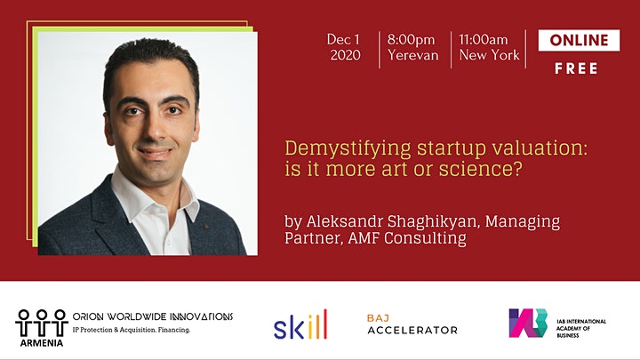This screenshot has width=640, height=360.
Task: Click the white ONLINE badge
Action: click(579, 40)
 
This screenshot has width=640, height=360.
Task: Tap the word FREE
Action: click(576, 68)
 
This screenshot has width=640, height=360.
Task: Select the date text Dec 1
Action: click(343, 40)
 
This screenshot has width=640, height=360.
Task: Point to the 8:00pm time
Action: click(411, 40)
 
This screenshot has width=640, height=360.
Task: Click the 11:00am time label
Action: click(484, 40)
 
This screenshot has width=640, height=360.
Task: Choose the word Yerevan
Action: click(413, 55)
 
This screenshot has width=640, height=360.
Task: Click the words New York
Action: click(490, 55)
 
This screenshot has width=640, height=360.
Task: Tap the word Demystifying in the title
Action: click(348, 149)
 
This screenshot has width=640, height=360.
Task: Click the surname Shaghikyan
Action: click(431, 221)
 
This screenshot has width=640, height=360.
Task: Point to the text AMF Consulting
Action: click(407, 237)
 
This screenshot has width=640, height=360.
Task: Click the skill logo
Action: click(300, 325)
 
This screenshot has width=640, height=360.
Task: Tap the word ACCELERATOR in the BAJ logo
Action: click(412, 330)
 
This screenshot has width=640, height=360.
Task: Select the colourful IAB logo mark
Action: click(528, 323)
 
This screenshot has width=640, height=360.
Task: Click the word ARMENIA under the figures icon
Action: click(42, 343)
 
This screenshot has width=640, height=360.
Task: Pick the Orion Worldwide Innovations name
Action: click(153, 316)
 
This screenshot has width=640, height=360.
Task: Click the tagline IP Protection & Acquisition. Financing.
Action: click(132, 330)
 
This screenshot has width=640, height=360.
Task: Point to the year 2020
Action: click(345, 55)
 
